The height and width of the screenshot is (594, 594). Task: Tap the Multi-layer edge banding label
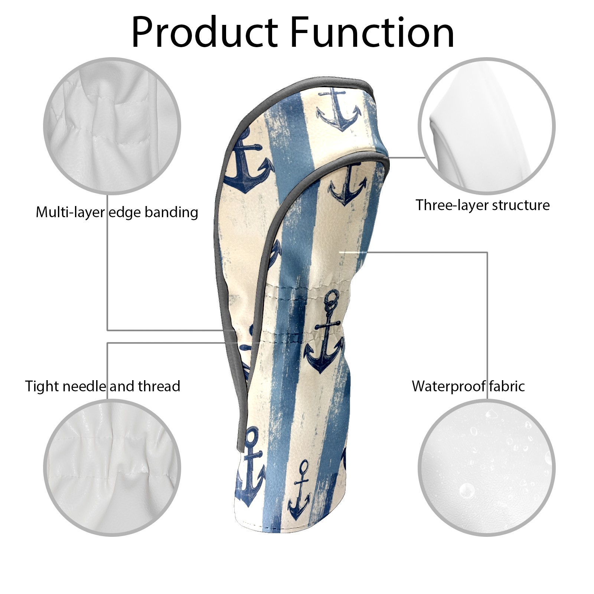117,212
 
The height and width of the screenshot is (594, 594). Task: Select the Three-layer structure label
482,205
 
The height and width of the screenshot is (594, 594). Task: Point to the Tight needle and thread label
102,386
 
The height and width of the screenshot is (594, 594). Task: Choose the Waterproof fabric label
468,386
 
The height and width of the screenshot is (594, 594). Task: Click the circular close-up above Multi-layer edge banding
112,125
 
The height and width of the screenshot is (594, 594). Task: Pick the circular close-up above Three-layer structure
486,125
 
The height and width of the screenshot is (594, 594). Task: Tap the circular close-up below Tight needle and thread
112,468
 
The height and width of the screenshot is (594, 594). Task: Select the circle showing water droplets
486,468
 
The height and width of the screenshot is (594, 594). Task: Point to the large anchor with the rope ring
324,330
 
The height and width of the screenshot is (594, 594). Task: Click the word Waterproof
448,386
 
